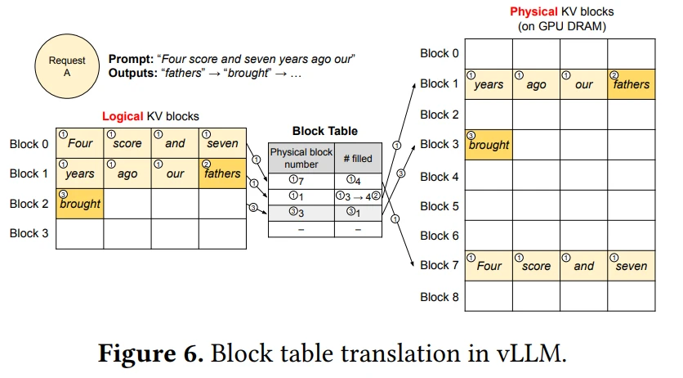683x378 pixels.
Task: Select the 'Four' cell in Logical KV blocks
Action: [79, 142]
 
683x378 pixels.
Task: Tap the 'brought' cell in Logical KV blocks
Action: [79, 203]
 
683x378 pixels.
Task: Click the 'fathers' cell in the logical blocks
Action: [221, 173]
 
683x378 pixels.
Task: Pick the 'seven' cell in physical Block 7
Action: [631, 265]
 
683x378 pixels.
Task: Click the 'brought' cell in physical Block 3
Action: [488, 145]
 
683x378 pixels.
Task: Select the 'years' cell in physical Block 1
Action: [488, 84]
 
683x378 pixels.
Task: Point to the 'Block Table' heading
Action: [324, 130]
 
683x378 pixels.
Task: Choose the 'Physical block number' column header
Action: [301, 158]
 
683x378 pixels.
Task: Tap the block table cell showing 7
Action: [301, 179]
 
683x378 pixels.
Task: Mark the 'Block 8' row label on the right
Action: [440, 297]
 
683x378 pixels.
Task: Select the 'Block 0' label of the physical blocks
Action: [440, 53]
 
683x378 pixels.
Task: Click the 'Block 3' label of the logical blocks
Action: [30, 233]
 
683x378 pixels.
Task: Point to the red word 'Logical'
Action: [122, 117]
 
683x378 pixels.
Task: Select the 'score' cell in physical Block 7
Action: [536, 265]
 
